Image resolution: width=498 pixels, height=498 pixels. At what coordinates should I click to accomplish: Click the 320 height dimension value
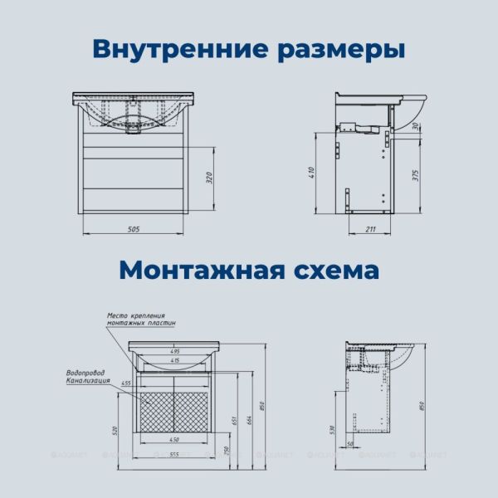(x=210, y=178)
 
